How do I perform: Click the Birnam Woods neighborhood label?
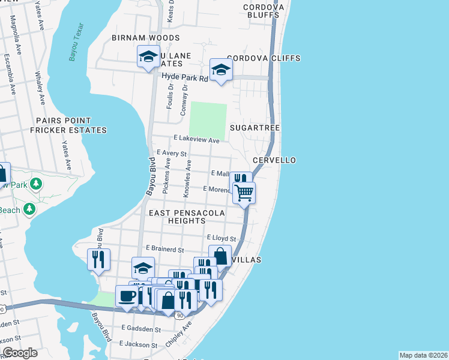coord(145,38)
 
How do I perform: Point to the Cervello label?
coord(274,161)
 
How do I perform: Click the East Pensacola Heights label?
coord(187,217)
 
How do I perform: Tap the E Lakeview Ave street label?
coord(196,139)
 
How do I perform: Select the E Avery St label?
coord(172,154)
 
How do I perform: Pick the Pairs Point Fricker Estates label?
coord(71,125)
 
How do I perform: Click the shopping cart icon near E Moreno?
coord(244,193)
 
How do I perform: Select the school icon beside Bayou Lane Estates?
coord(148,58)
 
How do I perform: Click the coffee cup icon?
coord(127,296)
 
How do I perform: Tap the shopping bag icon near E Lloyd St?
coord(220,256)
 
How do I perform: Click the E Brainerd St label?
coord(164,248)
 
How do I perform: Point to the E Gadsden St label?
coord(141,328)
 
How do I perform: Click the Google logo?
coord(19,352)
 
